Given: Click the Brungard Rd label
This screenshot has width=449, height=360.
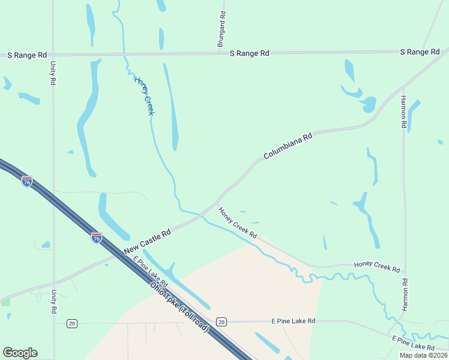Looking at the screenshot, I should tap(221, 29).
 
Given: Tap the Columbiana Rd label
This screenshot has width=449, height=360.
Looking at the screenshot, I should tap(289, 146).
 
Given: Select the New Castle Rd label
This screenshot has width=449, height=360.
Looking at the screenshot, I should tap(148, 241).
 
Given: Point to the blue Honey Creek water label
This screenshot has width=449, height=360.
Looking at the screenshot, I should tap(145, 95).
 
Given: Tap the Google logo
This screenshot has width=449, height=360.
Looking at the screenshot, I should tap(20, 353).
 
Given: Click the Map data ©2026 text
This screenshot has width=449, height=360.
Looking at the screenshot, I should tap(423, 355).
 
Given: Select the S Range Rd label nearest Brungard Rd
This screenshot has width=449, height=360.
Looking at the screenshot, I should tap(250, 53).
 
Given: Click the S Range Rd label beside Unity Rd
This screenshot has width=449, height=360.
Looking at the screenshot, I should tap(26, 55).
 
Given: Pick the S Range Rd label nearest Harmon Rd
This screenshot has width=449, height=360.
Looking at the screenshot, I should tap(420, 52).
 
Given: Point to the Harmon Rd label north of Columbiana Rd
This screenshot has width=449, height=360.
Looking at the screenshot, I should tap(404, 113).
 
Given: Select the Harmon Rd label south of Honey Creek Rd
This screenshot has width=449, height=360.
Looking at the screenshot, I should tap(405, 294).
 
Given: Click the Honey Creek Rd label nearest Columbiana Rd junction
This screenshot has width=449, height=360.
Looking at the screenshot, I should tap(237, 223).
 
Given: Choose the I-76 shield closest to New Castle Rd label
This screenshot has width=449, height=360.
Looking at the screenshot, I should tap(96, 237).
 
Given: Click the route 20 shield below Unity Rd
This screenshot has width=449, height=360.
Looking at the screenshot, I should tap(72, 323).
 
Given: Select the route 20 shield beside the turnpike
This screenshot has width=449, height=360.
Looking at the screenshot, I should tap(221, 322).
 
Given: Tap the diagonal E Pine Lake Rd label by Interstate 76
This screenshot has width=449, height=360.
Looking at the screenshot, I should tap(151, 272).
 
